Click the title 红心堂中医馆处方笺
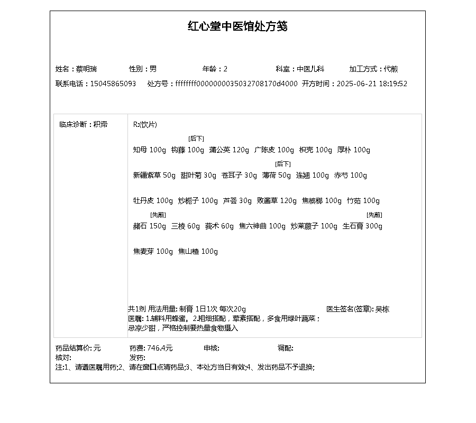click(x=237, y=26)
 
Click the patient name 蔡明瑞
click(x=86, y=69)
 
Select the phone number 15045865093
click(x=113, y=84)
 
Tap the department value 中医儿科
click(x=310, y=69)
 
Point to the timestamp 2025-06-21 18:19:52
click(x=372, y=84)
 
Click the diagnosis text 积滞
click(x=100, y=125)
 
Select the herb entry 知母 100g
click(x=149, y=150)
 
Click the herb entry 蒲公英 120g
click(x=229, y=150)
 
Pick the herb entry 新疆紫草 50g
click(x=154, y=176)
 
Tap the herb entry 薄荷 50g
click(x=277, y=176)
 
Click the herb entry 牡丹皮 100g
click(x=153, y=201)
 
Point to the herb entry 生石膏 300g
click(x=362, y=226)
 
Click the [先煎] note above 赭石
click(x=158, y=215)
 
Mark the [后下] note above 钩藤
click(x=196, y=139)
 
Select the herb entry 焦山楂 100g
click(x=198, y=252)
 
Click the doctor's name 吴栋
click(x=382, y=309)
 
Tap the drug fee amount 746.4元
click(x=160, y=348)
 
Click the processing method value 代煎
click(x=391, y=69)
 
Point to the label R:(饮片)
click(x=145, y=125)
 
